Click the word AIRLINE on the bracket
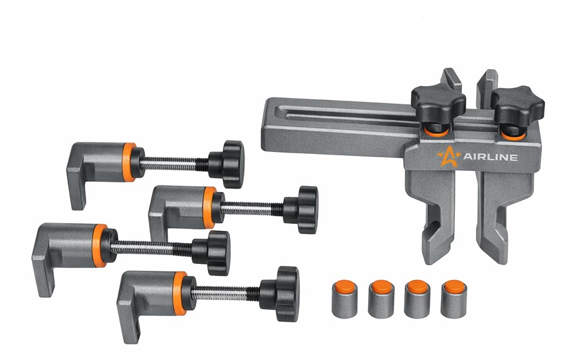490,158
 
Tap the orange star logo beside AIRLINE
447,156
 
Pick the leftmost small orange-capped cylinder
344,298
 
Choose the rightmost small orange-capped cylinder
454,298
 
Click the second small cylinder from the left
381,298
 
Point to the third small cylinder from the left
417,298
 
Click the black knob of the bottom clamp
280,293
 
